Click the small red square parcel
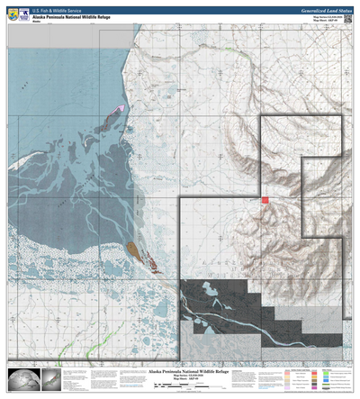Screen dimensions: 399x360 click(x=265, y=200)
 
